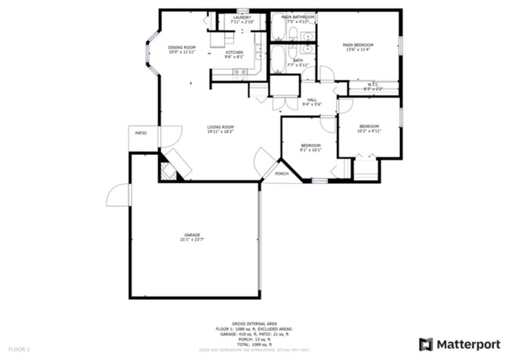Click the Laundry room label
click(241, 16)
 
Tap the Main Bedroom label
click(358, 45)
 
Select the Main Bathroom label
click(298, 16)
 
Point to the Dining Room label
click(182, 48)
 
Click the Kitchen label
click(234, 52)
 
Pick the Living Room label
click(220, 127)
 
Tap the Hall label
click(312, 99)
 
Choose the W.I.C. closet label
click(373, 85)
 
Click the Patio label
click(141, 133)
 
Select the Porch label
click(282, 173)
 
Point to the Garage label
click(193, 234)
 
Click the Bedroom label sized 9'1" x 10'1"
click(311, 146)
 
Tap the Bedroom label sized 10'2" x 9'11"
click(369, 126)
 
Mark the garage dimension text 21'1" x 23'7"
click(193, 239)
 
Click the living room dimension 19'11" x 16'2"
click(220, 132)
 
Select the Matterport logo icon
click(425, 344)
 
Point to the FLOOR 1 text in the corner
click(19, 347)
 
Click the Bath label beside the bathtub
click(298, 59)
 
